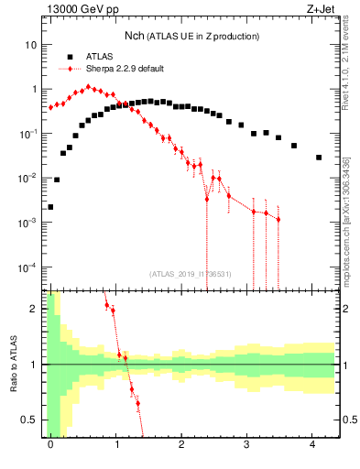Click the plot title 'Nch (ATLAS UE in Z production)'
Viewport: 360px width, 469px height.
tap(192, 36)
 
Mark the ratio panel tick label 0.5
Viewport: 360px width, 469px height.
tap(29, 420)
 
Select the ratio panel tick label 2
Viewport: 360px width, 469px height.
tap(34, 309)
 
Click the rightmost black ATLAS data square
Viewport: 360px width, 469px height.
tap(319, 158)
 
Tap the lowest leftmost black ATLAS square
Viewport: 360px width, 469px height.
tap(50, 207)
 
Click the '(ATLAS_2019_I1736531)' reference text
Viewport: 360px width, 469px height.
tap(191, 273)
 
